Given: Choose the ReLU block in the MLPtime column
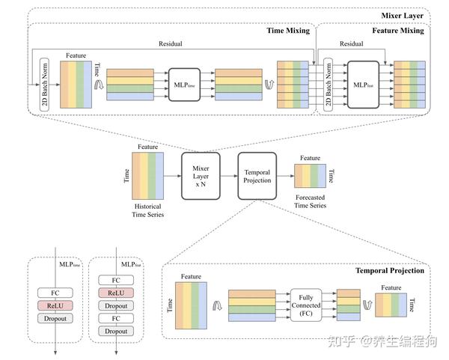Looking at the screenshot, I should [x=54, y=306].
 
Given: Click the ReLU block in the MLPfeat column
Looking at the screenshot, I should [x=114, y=293].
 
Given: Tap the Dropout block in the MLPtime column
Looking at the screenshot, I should [x=54, y=318].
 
